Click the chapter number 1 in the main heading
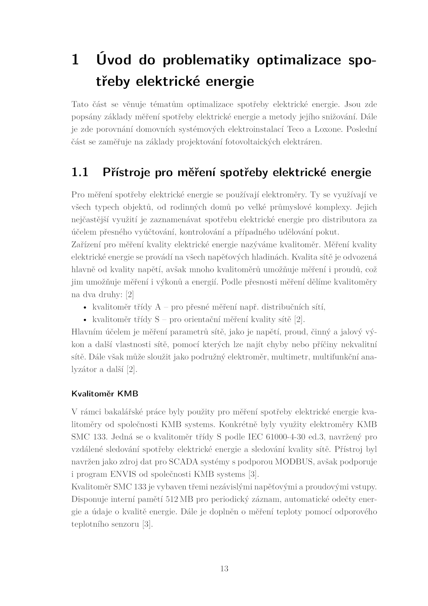point(75,60)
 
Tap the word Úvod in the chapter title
point(114,59)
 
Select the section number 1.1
point(80,172)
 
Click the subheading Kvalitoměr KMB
point(105,394)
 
